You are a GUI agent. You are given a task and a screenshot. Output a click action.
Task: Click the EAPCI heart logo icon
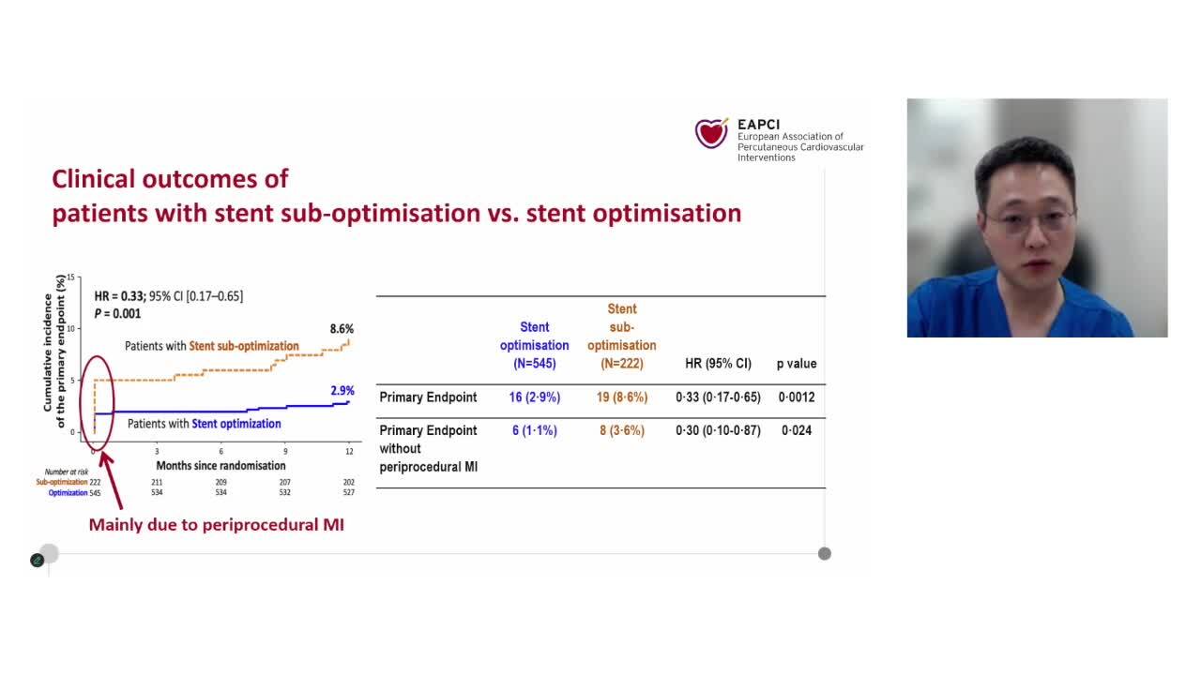[711, 133]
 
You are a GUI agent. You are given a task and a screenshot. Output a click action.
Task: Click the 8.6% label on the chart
[342, 329]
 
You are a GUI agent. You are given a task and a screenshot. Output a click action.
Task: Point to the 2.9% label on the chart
[342, 390]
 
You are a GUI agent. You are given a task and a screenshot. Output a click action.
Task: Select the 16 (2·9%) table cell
[534, 397]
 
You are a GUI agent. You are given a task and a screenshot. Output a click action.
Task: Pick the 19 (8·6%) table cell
[622, 397]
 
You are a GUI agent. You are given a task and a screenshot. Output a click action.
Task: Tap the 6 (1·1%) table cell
[534, 430]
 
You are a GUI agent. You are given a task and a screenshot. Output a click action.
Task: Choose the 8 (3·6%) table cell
[622, 430]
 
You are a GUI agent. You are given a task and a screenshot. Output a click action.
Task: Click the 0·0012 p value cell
[798, 397]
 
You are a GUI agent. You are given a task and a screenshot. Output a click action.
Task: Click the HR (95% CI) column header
[719, 364]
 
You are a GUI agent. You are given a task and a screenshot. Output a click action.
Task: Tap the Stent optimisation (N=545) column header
[534, 345]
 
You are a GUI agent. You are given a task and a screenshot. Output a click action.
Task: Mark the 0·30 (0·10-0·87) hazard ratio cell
[719, 430]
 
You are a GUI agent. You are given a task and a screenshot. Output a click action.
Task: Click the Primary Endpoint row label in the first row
[428, 397]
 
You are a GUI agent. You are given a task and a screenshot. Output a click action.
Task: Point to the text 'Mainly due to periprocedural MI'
[216, 525]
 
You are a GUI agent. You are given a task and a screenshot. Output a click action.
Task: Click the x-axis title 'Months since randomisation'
[220, 466]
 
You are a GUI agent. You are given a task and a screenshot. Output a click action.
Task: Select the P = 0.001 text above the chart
[117, 314]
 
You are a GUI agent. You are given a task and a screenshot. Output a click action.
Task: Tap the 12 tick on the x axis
[349, 452]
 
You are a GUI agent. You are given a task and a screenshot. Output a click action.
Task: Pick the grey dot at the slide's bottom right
[824, 553]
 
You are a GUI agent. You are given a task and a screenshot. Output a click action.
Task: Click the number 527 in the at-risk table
[349, 492]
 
